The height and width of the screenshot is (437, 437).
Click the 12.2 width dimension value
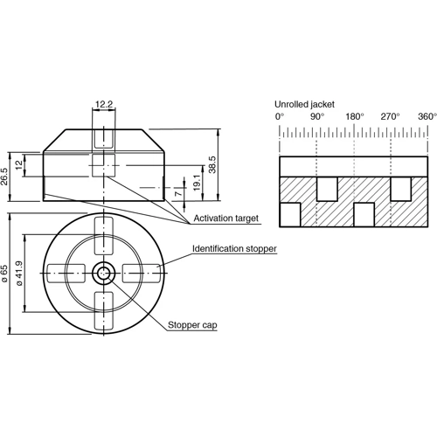tap(103, 104)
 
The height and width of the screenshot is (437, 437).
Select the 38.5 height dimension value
tap(212, 164)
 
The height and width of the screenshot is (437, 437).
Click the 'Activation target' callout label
tap(225, 217)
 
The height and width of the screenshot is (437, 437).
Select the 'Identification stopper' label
tap(234, 249)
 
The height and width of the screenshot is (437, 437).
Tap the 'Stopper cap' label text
tap(192, 325)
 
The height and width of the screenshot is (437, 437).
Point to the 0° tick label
tap(280, 116)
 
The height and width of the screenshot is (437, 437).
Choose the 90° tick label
tap(316, 116)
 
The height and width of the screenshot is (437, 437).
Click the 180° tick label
tap(354, 116)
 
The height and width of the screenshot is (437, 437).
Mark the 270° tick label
tap(390, 116)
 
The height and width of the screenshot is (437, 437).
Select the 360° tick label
tap(426, 116)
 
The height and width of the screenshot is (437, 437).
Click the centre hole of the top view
tap(104, 273)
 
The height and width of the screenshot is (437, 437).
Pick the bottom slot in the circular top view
tap(104, 309)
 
